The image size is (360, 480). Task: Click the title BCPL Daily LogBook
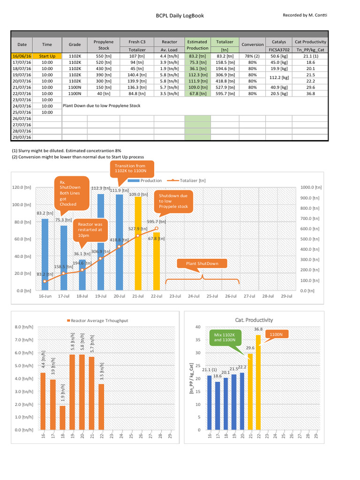(180, 15)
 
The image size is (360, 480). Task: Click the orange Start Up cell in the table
(47, 56)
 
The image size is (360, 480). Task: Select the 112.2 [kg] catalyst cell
(279, 78)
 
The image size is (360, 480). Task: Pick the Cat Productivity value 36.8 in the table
(310, 93)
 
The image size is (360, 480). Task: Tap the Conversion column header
(252, 45)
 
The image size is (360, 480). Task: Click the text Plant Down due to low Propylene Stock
(101, 106)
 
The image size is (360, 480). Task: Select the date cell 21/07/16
(22, 87)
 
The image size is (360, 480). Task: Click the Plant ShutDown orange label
(202, 263)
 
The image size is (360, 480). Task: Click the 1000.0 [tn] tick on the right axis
(310, 187)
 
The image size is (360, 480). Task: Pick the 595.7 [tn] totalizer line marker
(157, 228)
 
